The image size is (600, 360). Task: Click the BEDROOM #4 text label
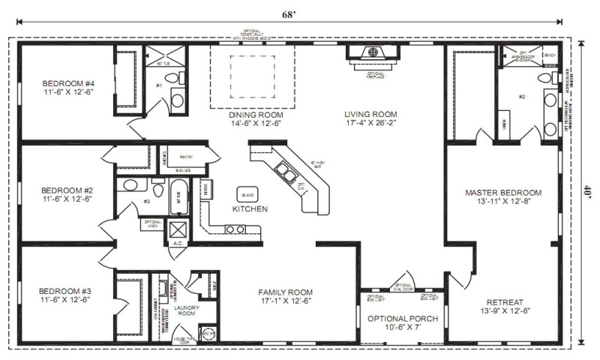pyautogui.click(x=67, y=83)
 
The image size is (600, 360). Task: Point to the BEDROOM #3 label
pyautogui.click(x=67, y=291)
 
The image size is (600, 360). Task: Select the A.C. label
pyautogui.click(x=178, y=244)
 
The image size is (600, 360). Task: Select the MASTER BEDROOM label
pyautogui.click(x=502, y=193)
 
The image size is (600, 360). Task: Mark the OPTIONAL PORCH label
pyautogui.click(x=402, y=318)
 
